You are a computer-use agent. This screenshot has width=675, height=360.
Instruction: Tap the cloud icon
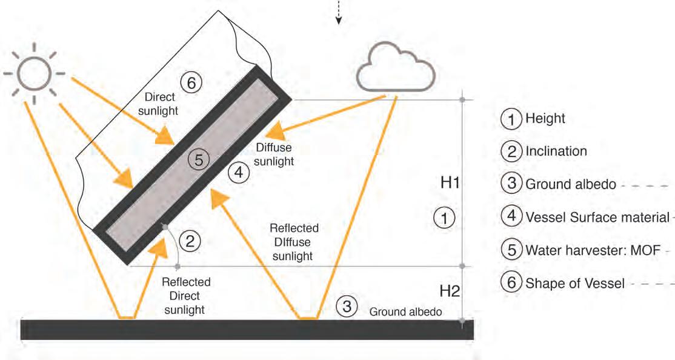tap(395, 70)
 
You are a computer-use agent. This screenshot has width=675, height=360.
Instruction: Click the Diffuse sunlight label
tap(274, 155)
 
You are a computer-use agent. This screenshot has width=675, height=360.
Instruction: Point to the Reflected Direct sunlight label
tap(186, 296)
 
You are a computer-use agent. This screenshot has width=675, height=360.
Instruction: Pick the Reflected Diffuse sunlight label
tap(293, 242)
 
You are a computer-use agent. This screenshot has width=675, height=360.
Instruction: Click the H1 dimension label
tap(449, 182)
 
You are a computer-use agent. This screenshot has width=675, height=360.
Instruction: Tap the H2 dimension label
tap(449, 290)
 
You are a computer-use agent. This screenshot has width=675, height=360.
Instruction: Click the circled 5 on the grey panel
tap(199, 160)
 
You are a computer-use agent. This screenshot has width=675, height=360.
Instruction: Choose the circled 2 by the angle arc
tap(190, 242)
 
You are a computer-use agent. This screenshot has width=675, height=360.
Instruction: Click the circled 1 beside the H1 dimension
tap(445, 218)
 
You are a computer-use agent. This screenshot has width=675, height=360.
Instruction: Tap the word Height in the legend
tap(545, 119)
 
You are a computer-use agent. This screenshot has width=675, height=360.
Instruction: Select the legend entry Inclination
tap(556, 151)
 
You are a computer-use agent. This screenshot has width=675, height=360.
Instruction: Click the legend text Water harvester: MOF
tap(593, 250)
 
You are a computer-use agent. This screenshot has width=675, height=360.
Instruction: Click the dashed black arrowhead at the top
tap(339, 21)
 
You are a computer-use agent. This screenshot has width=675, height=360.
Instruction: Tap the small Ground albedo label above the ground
tap(405, 312)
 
